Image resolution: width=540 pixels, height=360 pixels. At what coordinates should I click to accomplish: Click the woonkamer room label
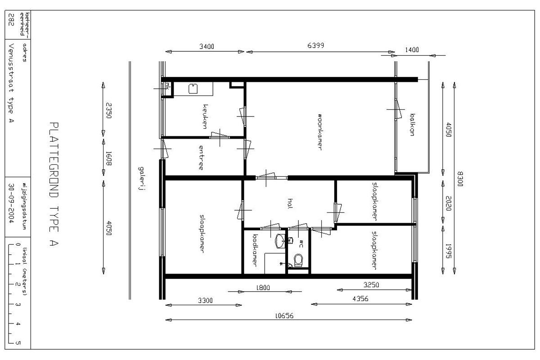click(x=320, y=132)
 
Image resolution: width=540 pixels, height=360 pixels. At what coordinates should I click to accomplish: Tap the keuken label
click(x=205, y=117)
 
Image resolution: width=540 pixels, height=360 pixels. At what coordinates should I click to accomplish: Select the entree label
click(x=201, y=157)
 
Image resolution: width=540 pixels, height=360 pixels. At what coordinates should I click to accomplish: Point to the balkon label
click(x=412, y=125)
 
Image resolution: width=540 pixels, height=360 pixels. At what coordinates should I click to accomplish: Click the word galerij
click(x=142, y=179)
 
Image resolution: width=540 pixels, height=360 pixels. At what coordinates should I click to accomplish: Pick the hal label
click(x=290, y=203)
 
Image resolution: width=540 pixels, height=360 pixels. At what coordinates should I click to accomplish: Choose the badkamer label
click(x=255, y=250)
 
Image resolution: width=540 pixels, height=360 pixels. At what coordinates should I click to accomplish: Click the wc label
click(x=301, y=243)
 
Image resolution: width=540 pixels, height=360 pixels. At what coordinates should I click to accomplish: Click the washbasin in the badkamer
click(x=280, y=241)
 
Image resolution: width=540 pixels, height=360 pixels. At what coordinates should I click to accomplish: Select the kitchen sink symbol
click(x=193, y=89)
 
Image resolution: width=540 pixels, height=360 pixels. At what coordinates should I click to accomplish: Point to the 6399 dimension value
click(x=315, y=45)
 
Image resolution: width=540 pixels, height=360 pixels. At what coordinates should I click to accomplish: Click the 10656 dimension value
click(x=284, y=315)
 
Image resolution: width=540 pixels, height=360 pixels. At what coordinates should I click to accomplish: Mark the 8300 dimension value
click(x=460, y=179)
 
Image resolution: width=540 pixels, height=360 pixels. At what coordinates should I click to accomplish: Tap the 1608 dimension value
click(x=109, y=158)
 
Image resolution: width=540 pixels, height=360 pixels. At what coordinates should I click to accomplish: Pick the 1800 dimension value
click(x=263, y=288)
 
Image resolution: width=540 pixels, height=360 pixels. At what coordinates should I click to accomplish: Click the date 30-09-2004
click(x=11, y=203)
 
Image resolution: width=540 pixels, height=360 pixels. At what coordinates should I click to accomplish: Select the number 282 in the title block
click(x=11, y=19)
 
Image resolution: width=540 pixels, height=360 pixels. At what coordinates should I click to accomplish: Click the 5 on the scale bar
click(x=18, y=342)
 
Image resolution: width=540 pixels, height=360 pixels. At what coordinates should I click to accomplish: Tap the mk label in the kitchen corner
click(x=167, y=86)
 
